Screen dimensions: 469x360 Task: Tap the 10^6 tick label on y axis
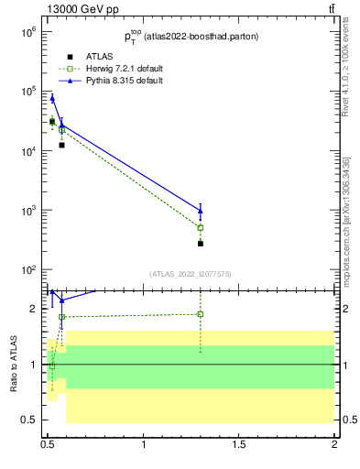(26, 32)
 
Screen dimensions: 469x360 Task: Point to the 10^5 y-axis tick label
(26, 92)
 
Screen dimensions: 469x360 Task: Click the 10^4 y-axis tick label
(26, 151)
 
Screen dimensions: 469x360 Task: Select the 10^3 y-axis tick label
(26, 211)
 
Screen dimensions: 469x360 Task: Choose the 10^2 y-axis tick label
(26, 270)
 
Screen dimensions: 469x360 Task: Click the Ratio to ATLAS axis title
(14, 364)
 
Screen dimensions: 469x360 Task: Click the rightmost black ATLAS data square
(201, 244)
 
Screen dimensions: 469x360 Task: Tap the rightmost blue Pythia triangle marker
(201, 211)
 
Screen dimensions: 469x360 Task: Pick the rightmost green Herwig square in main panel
(201, 227)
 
